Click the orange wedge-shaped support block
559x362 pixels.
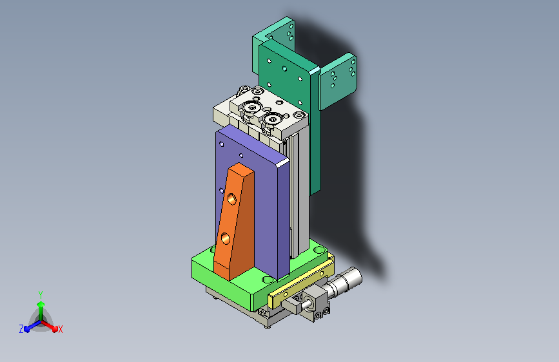235,222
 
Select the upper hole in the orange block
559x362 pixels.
231,199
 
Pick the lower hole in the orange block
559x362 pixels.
226,238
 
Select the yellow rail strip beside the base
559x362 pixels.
301,283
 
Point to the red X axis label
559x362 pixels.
60,329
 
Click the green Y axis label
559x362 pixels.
41,295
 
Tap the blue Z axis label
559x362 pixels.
21,329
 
